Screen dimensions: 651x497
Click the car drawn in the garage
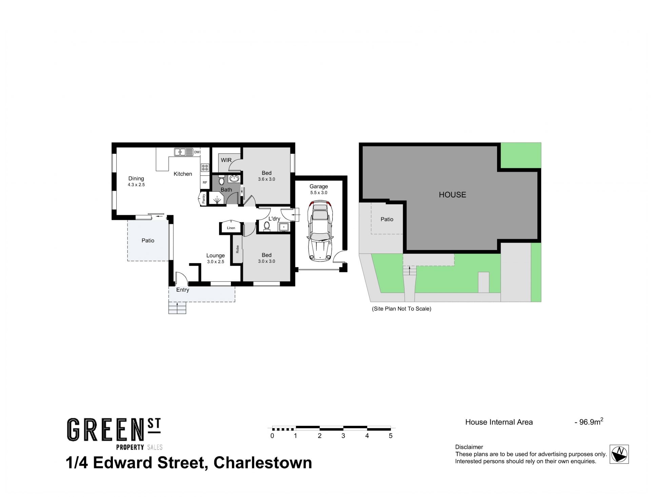319,231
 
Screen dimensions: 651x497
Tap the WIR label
226,160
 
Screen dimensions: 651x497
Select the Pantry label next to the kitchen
204,198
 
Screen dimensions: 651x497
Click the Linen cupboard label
231,228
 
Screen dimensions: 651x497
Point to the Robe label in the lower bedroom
238,249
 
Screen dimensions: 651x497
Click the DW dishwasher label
197,152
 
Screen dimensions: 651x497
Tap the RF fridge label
205,183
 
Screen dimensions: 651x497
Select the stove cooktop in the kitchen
205,167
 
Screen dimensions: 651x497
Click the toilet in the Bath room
222,180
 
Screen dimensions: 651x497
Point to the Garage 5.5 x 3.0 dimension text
319,193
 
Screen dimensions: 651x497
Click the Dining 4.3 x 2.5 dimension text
136,185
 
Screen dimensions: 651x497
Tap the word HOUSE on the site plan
452,195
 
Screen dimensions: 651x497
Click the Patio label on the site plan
387,219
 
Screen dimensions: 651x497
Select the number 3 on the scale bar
343,436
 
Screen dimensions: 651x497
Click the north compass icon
619,454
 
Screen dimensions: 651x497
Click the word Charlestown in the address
263,463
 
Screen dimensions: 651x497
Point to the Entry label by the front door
183,290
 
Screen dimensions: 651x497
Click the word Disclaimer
469,447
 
